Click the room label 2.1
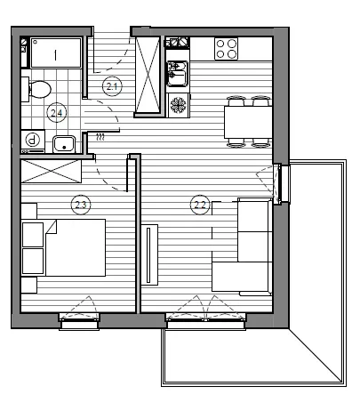112,86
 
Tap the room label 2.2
200,205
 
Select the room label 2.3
81,205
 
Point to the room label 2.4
57,113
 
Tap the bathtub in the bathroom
56,52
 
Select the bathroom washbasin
64,144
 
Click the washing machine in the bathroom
33,141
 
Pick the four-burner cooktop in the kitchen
227,49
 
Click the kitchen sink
178,74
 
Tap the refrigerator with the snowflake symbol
179,105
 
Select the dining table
248,122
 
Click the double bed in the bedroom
76,247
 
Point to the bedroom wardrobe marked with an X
51,172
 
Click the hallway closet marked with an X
148,75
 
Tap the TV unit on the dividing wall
149,255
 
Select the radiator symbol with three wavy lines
100,137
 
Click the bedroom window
79,322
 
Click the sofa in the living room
242,246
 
